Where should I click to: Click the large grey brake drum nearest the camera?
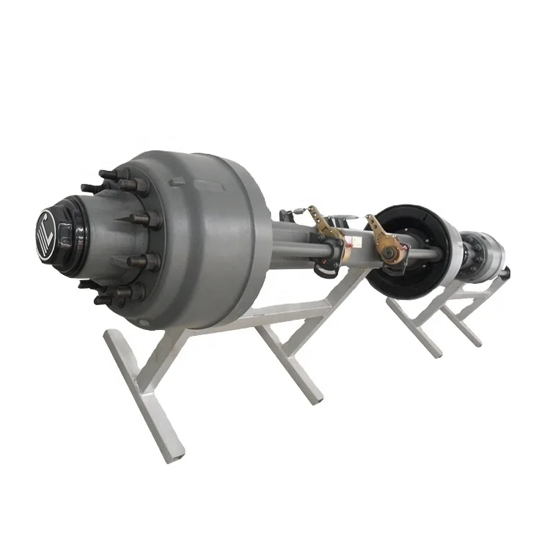tap(213, 220)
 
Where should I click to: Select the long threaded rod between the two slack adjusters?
tap(352, 249)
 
